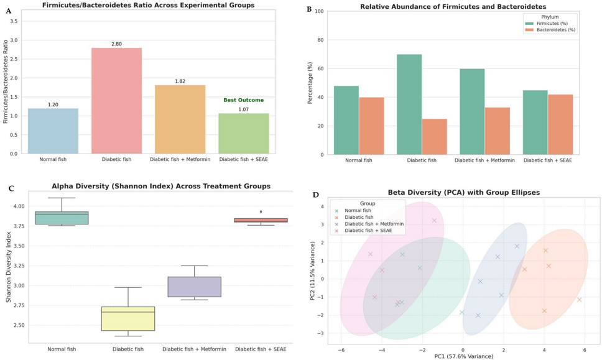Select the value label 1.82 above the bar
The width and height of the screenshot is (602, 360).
pos(180,81)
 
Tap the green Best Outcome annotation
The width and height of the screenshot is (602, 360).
pos(243,100)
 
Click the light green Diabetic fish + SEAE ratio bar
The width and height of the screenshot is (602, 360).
pos(243,133)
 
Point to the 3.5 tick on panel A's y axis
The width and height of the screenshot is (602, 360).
pos(15,21)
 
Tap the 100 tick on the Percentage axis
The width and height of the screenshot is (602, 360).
pos(318,12)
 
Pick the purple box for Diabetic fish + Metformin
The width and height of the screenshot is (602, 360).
pos(195,287)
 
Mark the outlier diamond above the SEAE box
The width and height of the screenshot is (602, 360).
pos(261,211)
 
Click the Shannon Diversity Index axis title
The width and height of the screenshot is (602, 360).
pos(9,267)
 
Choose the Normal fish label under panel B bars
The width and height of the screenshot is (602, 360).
pos(359,161)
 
